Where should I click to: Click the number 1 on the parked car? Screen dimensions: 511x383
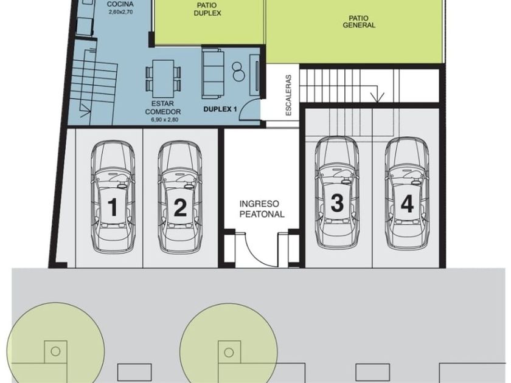[113, 207]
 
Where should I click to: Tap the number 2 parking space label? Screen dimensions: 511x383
[180, 207]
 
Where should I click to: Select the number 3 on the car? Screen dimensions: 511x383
[337, 202]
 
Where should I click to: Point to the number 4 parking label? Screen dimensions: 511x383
[407, 204]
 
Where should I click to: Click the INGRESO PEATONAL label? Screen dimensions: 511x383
[262, 209]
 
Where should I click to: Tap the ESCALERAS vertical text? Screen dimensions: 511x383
[288, 95]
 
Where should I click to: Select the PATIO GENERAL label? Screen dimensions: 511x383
[359, 21]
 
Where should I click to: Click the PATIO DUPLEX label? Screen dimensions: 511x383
[207, 9]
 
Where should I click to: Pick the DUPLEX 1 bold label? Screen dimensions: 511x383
[220, 109]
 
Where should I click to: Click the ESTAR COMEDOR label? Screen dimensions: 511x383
[163, 108]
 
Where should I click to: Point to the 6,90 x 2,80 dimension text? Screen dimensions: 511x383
[165, 120]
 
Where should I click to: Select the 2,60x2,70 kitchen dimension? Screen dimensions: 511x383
[120, 12]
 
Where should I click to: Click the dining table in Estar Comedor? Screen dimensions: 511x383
[163, 75]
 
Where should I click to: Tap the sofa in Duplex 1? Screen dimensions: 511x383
[213, 74]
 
